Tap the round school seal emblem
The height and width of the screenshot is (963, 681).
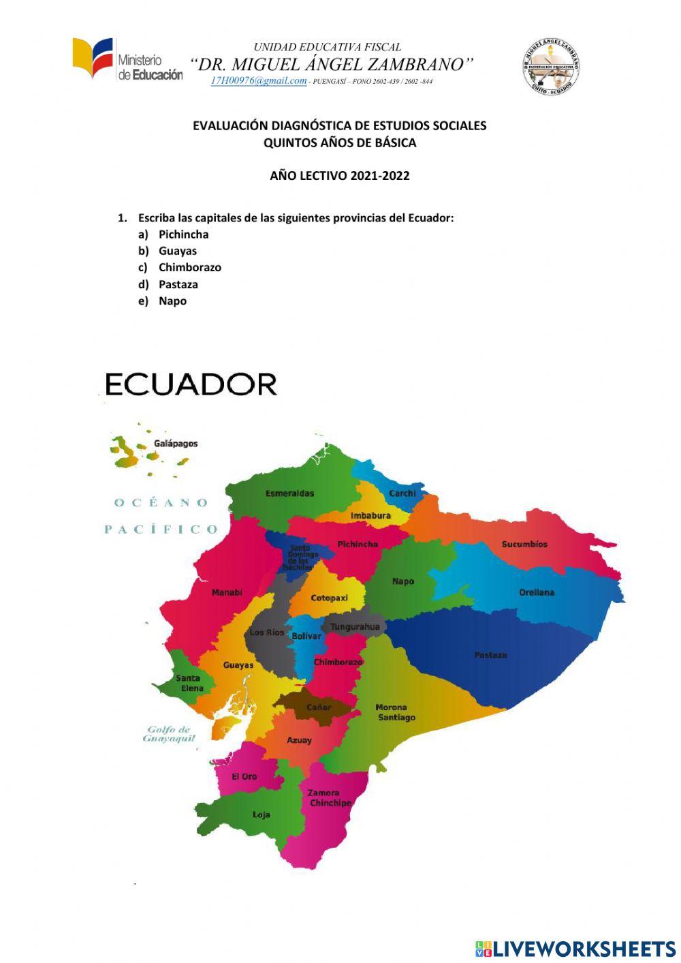pos(551,66)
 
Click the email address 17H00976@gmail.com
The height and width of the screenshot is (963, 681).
pos(259,80)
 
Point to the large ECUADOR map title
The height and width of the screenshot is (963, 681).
pos(191,384)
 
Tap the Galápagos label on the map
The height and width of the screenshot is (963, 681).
pos(176,444)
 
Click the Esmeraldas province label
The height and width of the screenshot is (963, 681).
pos(289,493)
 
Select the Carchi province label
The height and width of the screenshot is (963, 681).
pos(402,493)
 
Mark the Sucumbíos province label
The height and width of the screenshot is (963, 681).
pos(524,545)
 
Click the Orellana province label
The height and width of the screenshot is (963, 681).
pos(537,593)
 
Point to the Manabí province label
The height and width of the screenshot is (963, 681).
pos(227,593)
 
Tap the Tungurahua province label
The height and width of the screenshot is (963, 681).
pos(355,627)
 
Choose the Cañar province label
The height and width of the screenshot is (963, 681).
pos(319,707)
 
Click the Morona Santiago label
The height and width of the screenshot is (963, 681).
pos(395,713)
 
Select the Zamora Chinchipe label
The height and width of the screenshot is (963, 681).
pos(330,798)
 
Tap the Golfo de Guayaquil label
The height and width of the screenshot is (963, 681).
pos(168,734)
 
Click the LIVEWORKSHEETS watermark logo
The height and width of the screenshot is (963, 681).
pos(575,949)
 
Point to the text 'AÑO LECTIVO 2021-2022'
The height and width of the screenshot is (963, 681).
pos(340,176)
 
